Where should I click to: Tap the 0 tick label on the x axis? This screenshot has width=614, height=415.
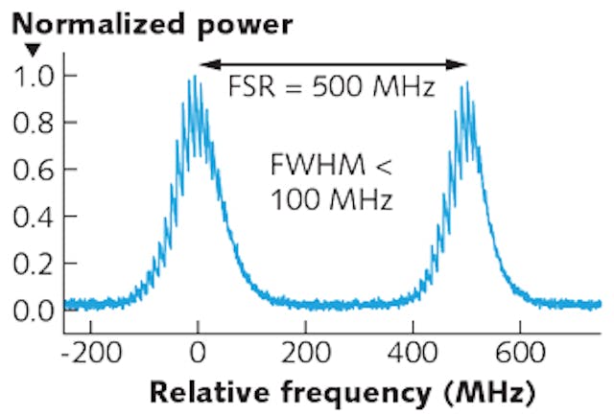198,352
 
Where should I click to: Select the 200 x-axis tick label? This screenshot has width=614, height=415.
305,352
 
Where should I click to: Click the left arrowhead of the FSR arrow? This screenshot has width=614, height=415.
203,64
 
